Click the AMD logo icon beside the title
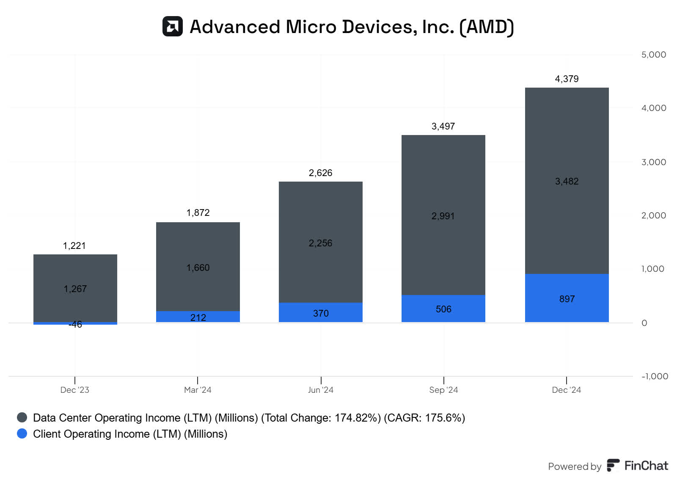pos(173,26)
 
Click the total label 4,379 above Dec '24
pos(567,79)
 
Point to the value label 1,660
pos(198,268)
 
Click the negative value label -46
pos(75,325)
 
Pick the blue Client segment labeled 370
pos(320,312)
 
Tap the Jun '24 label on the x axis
pos(320,390)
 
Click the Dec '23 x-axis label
pos(75,390)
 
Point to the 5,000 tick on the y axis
pos(653,55)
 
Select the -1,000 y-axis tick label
pos(655,376)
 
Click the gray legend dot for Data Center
pos(22,417)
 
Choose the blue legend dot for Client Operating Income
pos(22,433)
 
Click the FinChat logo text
pos(646,466)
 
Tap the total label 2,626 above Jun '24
pos(320,173)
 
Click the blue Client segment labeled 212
pos(198,317)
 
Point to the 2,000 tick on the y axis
pos(653,215)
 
